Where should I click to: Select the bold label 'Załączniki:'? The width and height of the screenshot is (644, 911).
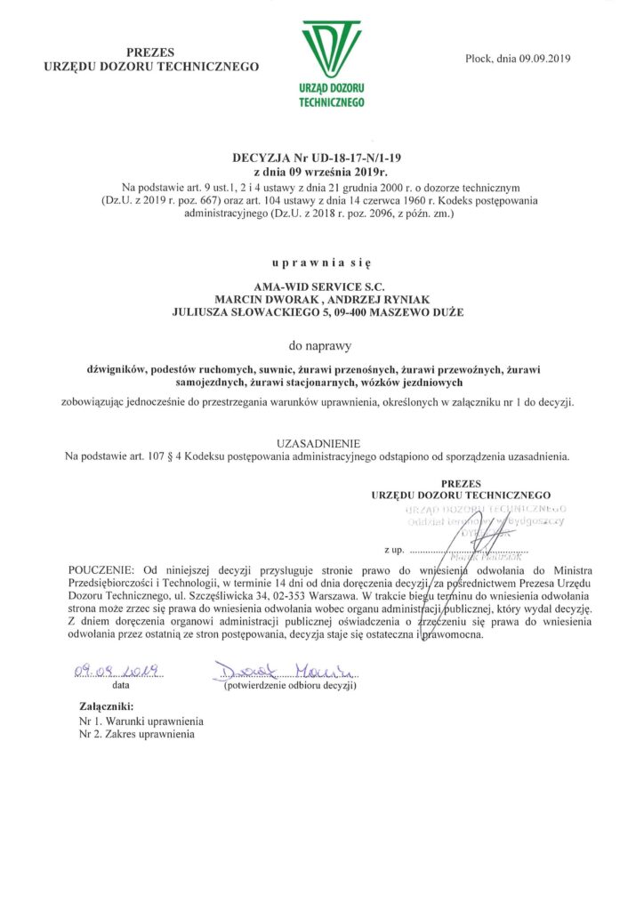coord(106,708)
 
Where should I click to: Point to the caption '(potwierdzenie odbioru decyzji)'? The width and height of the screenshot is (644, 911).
coord(290,687)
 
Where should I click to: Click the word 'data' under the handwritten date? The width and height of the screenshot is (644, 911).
coord(120,686)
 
